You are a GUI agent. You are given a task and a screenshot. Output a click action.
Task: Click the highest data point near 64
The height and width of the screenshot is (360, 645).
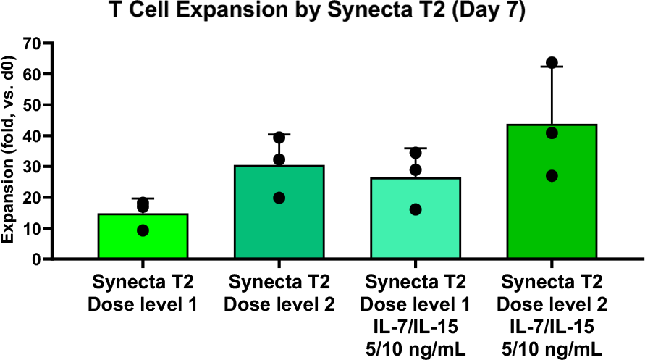click(552, 63)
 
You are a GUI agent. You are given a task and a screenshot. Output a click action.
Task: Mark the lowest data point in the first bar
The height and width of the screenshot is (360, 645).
click(143, 230)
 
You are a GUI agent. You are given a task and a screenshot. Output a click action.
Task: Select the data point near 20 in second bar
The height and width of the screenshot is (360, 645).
click(279, 198)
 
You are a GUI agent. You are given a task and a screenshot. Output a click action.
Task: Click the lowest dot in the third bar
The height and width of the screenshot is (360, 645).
click(416, 209)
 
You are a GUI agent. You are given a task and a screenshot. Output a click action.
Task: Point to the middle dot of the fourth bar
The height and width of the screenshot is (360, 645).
click(552, 133)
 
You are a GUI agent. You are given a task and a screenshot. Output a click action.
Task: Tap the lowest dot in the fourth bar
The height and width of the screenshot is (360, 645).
click(552, 176)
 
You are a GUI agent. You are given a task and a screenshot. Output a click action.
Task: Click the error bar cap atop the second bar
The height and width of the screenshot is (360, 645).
click(279, 135)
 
